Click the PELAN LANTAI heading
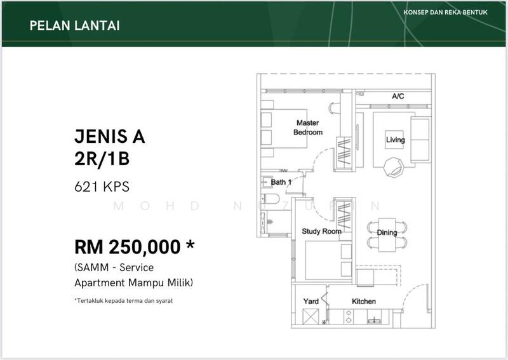point(74,25)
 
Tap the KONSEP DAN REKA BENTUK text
point(446,12)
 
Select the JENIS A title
point(109,137)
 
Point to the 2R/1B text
point(102,159)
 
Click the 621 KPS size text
point(102,187)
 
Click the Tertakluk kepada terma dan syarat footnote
point(123,301)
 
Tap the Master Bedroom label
point(308,128)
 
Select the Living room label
point(395,140)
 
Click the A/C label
point(398,97)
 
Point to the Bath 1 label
point(281,182)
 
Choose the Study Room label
point(321,231)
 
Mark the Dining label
point(387,232)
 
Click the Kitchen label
point(364,302)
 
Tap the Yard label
point(311,302)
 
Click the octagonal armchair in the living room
point(393,167)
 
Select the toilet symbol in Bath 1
point(271,199)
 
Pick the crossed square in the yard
point(311,317)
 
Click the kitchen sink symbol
point(375,320)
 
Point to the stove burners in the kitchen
point(349,317)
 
